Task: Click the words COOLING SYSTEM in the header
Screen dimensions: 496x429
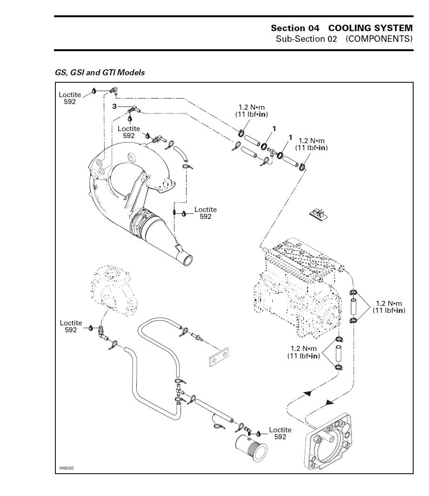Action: click(370, 28)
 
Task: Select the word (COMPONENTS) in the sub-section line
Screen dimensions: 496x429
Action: click(379, 39)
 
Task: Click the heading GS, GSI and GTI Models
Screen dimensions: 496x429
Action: click(100, 73)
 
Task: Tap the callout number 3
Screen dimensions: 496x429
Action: click(114, 106)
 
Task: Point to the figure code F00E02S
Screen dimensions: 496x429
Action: click(67, 468)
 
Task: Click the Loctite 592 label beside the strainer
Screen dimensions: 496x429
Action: click(280, 433)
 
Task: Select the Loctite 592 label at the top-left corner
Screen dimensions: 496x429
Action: click(70, 98)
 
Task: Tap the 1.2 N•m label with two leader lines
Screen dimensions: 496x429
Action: click(389, 307)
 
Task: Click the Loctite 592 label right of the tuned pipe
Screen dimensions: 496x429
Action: click(206, 213)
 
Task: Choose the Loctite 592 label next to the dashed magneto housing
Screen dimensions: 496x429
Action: click(71, 326)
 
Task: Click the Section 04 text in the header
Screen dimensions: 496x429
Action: click(295, 28)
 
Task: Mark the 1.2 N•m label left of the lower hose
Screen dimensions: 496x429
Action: click(303, 352)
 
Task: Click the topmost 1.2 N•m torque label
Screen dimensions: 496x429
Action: click(252, 111)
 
